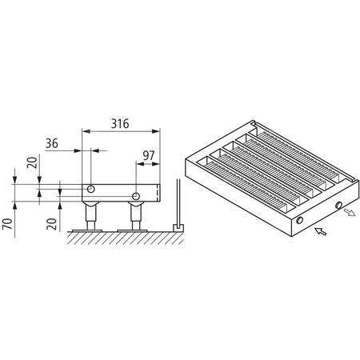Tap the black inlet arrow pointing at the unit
click(x=321, y=232)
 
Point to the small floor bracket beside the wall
click(x=176, y=227)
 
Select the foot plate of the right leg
click(x=137, y=230)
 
